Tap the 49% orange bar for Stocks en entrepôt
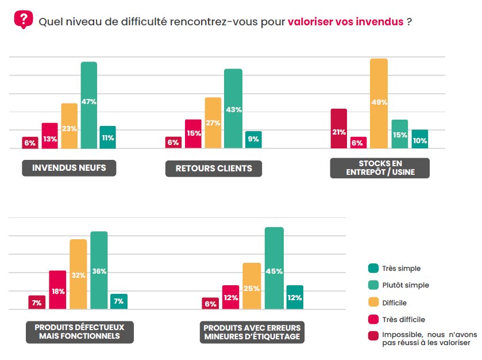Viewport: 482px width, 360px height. (x=379, y=104)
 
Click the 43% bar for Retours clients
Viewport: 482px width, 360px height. (x=233, y=109)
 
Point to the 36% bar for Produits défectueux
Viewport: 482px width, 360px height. (x=99, y=270)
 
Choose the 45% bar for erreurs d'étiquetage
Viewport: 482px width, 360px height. (x=274, y=269)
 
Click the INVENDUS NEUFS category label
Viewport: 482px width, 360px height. (x=69, y=168)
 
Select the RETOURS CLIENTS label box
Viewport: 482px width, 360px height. (x=213, y=168)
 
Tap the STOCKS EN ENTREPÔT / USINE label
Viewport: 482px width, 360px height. (x=379, y=168)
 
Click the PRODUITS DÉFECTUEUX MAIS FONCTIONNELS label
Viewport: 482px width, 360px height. (x=80, y=331)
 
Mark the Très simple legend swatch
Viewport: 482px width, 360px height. (x=372, y=268)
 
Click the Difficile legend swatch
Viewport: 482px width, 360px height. (x=372, y=302)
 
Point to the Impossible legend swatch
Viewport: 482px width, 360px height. (x=372, y=336)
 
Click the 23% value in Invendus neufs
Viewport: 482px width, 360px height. (x=70, y=128)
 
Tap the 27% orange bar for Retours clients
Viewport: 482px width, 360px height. (x=213, y=122)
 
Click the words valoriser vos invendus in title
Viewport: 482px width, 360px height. (x=345, y=22)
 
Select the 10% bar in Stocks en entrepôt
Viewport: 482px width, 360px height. (x=420, y=139)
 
